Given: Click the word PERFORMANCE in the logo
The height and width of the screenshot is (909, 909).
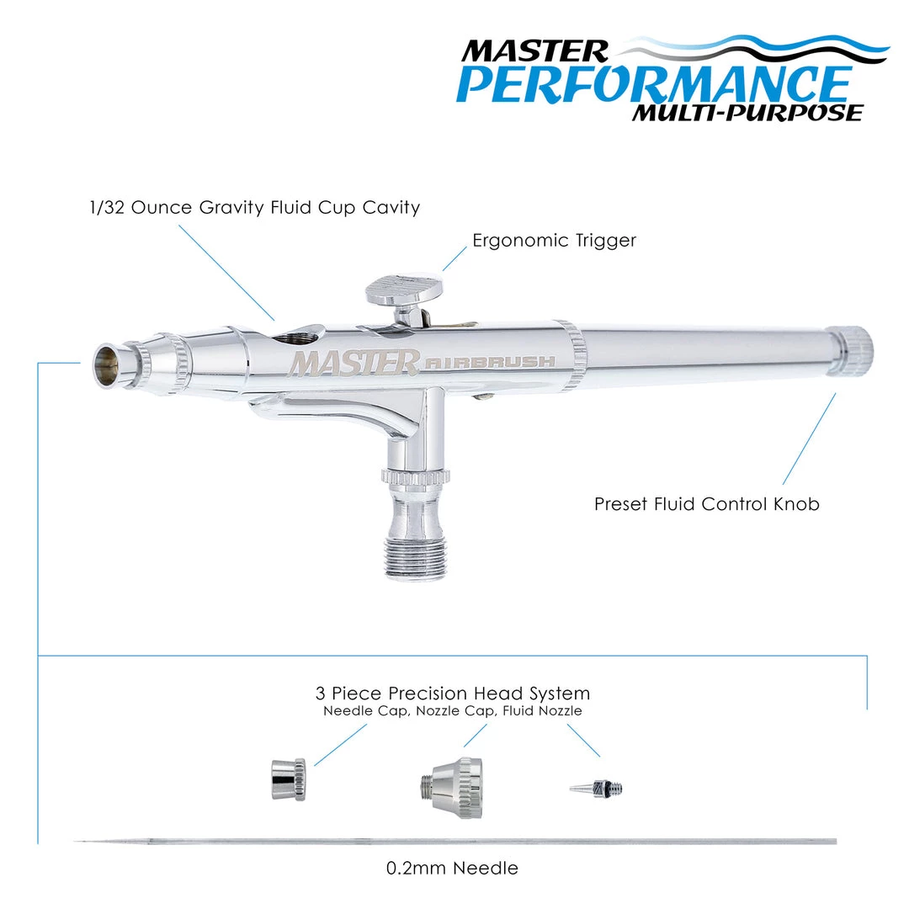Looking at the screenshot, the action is tap(654, 85).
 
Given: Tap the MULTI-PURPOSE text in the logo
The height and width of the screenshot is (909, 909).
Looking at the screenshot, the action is tap(748, 113).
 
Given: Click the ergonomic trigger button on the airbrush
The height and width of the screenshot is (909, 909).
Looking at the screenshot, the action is tap(404, 290).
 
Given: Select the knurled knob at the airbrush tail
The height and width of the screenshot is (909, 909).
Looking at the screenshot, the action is tap(850, 351).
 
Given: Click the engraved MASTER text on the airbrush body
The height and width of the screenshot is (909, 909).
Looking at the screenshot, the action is tap(353, 364).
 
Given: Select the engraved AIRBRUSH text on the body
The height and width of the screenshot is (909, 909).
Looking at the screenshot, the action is tap(490, 363).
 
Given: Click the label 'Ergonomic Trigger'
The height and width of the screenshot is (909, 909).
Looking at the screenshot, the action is tap(554, 241).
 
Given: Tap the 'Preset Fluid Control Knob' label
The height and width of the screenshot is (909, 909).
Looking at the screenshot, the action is tap(707, 504).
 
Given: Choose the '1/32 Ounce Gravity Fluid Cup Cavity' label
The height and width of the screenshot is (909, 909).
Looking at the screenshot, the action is tap(255, 208).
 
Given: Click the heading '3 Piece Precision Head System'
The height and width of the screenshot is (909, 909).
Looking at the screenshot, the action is tap(453, 694).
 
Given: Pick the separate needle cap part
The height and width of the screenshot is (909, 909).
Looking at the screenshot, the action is tap(289, 779).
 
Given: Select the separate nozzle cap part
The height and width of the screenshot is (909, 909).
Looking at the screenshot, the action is tap(452, 788).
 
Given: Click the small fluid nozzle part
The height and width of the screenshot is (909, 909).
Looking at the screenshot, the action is tap(596, 789).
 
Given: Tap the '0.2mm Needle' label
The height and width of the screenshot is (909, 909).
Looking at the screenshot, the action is tap(452, 868).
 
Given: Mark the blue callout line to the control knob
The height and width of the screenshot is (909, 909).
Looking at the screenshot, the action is tap(810, 439).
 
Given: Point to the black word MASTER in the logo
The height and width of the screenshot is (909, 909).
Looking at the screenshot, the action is tap(534, 51).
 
